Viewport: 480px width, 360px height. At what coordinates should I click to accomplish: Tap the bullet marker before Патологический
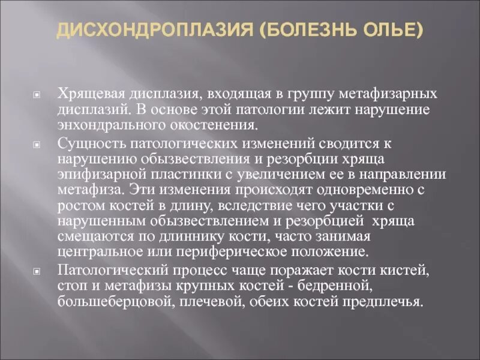click(37, 271)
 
